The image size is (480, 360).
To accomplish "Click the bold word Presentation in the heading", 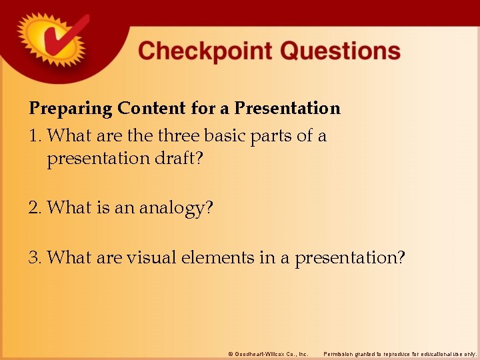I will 287,108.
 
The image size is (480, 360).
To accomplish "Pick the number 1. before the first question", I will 36,136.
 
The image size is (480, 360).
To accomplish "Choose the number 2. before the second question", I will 36,209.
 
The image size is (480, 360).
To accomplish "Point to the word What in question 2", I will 69,209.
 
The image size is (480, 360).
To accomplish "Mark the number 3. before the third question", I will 36,257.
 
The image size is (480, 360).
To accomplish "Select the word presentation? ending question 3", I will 349,257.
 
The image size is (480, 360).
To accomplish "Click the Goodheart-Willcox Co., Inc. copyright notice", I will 268,353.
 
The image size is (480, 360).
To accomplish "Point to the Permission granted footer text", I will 400,353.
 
